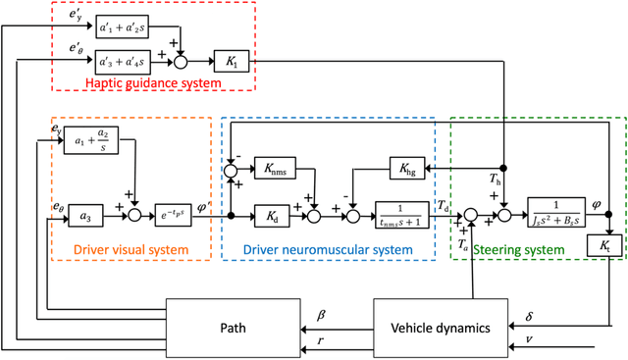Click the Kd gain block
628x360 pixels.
[x=275, y=215]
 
